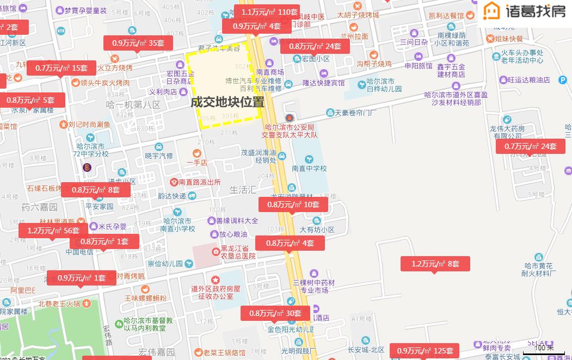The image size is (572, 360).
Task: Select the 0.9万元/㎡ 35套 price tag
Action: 138,43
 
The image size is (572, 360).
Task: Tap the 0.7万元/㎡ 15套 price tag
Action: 61,68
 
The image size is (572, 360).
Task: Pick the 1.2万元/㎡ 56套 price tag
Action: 53,231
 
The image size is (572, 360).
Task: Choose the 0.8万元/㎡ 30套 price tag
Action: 275,313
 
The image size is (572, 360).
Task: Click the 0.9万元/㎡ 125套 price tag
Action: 425,351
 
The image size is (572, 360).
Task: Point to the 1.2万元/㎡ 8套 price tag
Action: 435,264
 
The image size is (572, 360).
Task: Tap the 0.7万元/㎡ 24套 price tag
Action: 530,146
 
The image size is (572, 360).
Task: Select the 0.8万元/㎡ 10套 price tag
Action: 293,204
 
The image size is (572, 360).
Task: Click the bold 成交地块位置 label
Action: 227,102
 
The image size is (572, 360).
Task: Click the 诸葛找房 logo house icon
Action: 492,10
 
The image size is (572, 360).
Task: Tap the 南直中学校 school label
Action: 309,169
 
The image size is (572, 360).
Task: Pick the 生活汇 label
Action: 243,190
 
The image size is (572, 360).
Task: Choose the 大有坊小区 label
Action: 317,229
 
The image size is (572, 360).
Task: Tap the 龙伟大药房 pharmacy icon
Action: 507,120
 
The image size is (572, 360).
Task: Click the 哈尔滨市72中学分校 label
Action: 90,150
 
